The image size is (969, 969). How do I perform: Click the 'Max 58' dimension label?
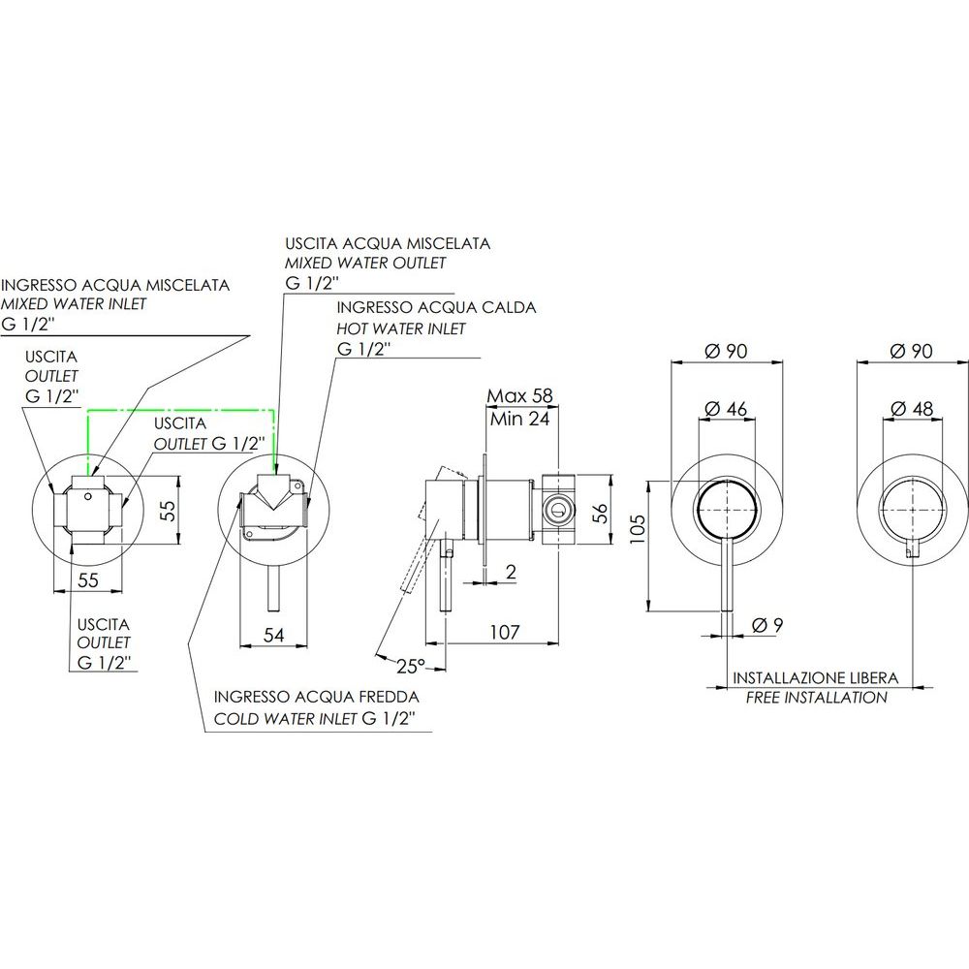pyautogui.click(x=519, y=395)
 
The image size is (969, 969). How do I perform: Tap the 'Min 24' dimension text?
pyautogui.click(x=519, y=419)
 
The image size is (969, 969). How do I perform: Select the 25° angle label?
pyautogui.click(x=411, y=667)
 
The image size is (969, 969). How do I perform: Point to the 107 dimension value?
pyautogui.click(x=505, y=632)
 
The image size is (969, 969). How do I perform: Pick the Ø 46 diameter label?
pyautogui.click(x=726, y=409)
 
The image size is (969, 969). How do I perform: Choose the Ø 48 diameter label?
pyautogui.click(x=912, y=409)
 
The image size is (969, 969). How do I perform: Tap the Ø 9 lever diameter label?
pyautogui.click(x=767, y=625)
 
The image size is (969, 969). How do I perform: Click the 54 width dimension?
pyautogui.click(x=274, y=635)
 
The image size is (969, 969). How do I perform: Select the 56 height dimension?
pyautogui.click(x=601, y=513)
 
